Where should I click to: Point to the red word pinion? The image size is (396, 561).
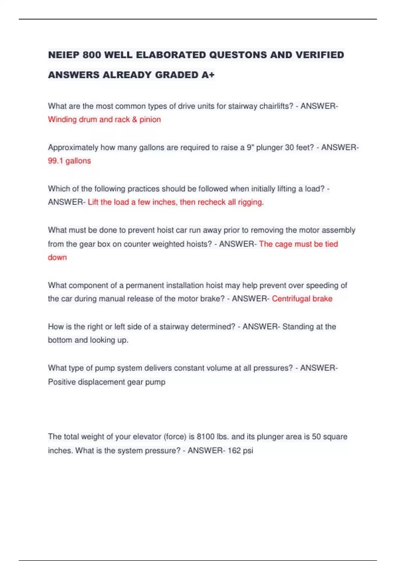(150, 119)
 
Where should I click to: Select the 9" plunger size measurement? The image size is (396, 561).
(250, 148)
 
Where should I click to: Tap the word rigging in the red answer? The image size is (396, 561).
(250, 202)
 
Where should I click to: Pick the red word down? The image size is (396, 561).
(57, 257)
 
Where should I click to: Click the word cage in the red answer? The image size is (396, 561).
(283, 244)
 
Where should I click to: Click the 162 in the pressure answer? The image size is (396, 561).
(234, 450)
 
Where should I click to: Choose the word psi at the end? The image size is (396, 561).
(248, 451)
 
